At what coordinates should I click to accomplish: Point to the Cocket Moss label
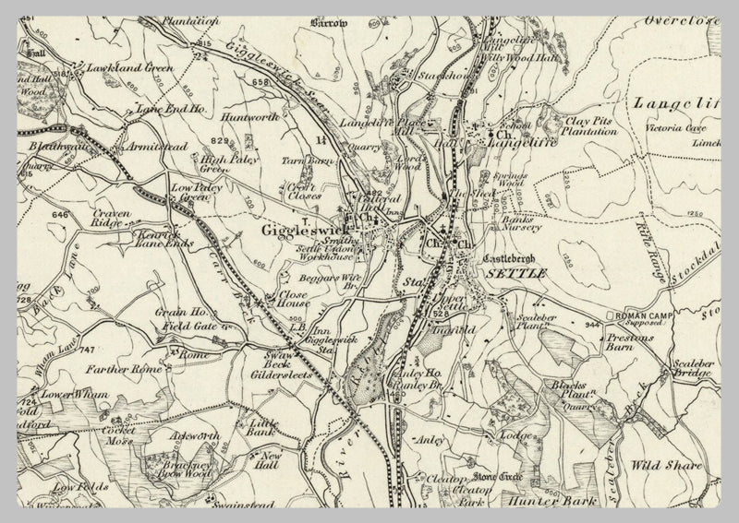[119, 436]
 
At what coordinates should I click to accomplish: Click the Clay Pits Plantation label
[590, 125]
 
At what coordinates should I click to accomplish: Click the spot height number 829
[219, 139]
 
